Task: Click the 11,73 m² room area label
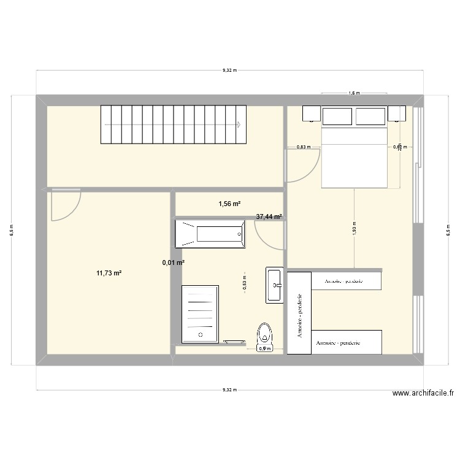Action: click(109, 274)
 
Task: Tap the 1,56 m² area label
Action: click(229, 204)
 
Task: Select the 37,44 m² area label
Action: click(269, 217)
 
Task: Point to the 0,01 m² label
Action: click(173, 263)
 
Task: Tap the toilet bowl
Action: click(265, 334)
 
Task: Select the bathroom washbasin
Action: click(274, 285)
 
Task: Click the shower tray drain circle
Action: click(200, 334)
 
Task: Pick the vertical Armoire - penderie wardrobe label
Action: click(299, 313)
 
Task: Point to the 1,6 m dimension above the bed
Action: click(354, 93)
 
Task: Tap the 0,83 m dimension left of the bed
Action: click(303, 147)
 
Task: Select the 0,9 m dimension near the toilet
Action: click(264, 348)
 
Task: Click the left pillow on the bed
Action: click(337, 117)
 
